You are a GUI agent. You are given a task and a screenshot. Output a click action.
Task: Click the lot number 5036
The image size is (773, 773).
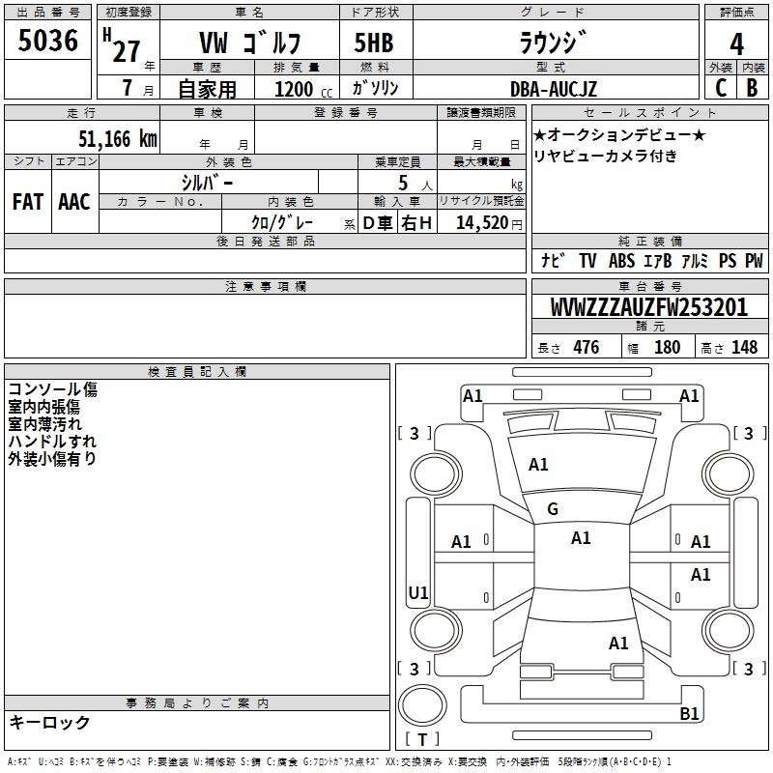[47, 41]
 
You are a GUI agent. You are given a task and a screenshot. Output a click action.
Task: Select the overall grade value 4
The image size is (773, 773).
[736, 44]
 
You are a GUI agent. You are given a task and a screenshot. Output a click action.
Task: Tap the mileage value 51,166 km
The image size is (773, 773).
[118, 139]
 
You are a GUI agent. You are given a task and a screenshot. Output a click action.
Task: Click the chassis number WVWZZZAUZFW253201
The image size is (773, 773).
[648, 307]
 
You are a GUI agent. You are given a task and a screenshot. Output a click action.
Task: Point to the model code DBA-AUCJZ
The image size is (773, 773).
[554, 89]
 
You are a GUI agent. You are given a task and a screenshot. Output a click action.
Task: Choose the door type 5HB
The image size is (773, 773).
[374, 43]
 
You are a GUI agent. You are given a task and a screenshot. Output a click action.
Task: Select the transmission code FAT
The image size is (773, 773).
[28, 202]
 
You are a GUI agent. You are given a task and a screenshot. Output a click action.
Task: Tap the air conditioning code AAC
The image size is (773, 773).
[74, 202]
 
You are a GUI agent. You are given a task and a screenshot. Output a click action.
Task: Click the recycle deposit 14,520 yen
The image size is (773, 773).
[489, 223]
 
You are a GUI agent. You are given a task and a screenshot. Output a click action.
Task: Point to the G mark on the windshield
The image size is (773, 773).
[553, 509]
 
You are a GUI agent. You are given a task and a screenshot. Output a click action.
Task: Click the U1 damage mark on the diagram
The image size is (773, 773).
[418, 592]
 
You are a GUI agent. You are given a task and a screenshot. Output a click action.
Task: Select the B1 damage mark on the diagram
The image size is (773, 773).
[689, 713]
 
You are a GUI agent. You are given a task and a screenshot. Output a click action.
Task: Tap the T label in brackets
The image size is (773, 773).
[422, 739]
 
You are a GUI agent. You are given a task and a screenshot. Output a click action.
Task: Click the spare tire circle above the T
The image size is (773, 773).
[422, 705]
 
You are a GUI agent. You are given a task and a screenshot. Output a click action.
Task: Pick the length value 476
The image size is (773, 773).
[587, 347]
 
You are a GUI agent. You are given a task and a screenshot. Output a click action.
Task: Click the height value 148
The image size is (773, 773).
[744, 347]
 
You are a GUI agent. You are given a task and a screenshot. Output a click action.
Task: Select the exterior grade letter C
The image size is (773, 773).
[721, 88]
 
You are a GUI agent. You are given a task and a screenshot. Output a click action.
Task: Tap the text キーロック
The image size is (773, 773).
[49, 722]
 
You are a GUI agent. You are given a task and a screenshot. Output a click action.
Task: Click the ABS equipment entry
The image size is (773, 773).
[621, 261]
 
